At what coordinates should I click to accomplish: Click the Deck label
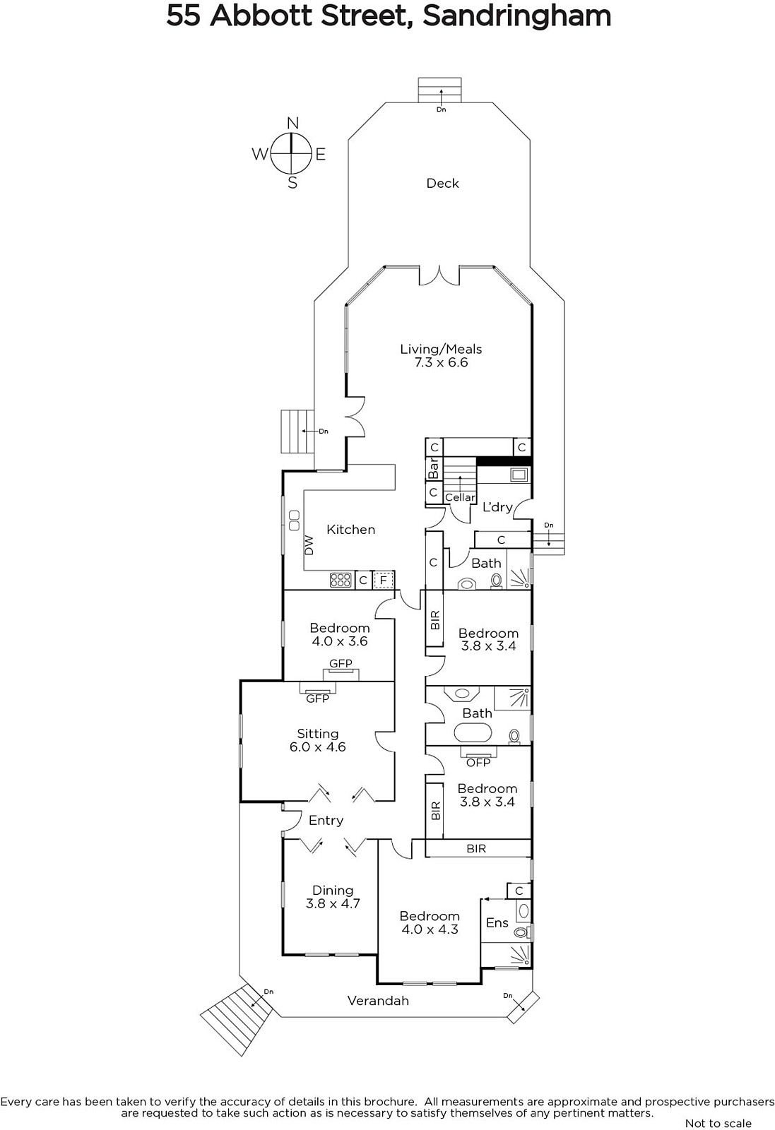click(x=442, y=183)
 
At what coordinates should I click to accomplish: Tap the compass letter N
click(x=292, y=123)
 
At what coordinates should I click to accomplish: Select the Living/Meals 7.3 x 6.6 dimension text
click(x=441, y=362)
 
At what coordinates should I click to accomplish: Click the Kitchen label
click(x=350, y=529)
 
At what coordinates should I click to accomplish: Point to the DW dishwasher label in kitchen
click(x=309, y=545)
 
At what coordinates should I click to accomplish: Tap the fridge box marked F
click(x=383, y=580)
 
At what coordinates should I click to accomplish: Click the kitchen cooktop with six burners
click(x=340, y=580)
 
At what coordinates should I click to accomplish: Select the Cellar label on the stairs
click(x=460, y=497)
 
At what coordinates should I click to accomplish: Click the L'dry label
click(x=497, y=507)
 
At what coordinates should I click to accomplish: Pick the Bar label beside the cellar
click(x=433, y=468)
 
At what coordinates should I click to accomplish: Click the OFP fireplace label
click(x=478, y=763)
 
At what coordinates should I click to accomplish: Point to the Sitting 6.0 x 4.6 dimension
click(x=317, y=747)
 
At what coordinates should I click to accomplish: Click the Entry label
click(x=326, y=821)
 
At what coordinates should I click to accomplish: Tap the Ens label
click(x=497, y=922)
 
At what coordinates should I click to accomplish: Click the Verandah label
click(x=378, y=1001)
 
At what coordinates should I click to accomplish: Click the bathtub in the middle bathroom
click(x=473, y=732)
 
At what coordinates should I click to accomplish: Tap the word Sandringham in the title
click(x=516, y=16)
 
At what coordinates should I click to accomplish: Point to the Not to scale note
click(x=718, y=1124)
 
